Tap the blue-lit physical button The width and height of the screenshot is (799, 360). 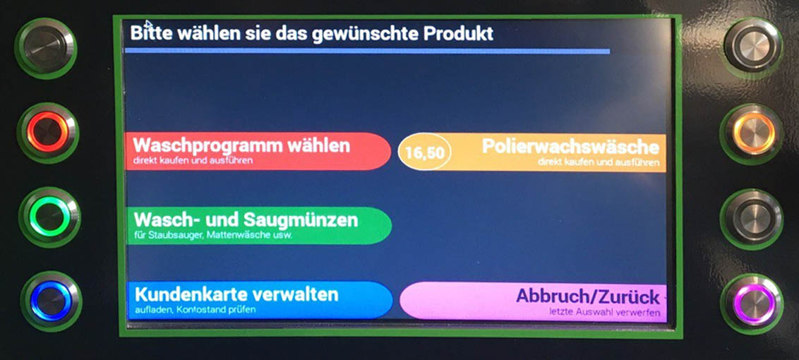pos(51,301)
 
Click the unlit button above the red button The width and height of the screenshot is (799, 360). pos(46,48)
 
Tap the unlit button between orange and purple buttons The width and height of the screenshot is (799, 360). pos(752,219)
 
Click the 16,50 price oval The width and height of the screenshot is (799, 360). pos(424,152)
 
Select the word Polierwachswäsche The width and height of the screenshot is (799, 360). pos(570,147)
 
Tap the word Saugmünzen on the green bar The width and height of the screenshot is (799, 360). pos(301,220)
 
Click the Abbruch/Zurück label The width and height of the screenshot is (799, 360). pos(587,296)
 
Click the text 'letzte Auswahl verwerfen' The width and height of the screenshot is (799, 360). pos(604,313)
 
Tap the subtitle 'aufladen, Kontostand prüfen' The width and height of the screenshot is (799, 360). pos(196,309)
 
